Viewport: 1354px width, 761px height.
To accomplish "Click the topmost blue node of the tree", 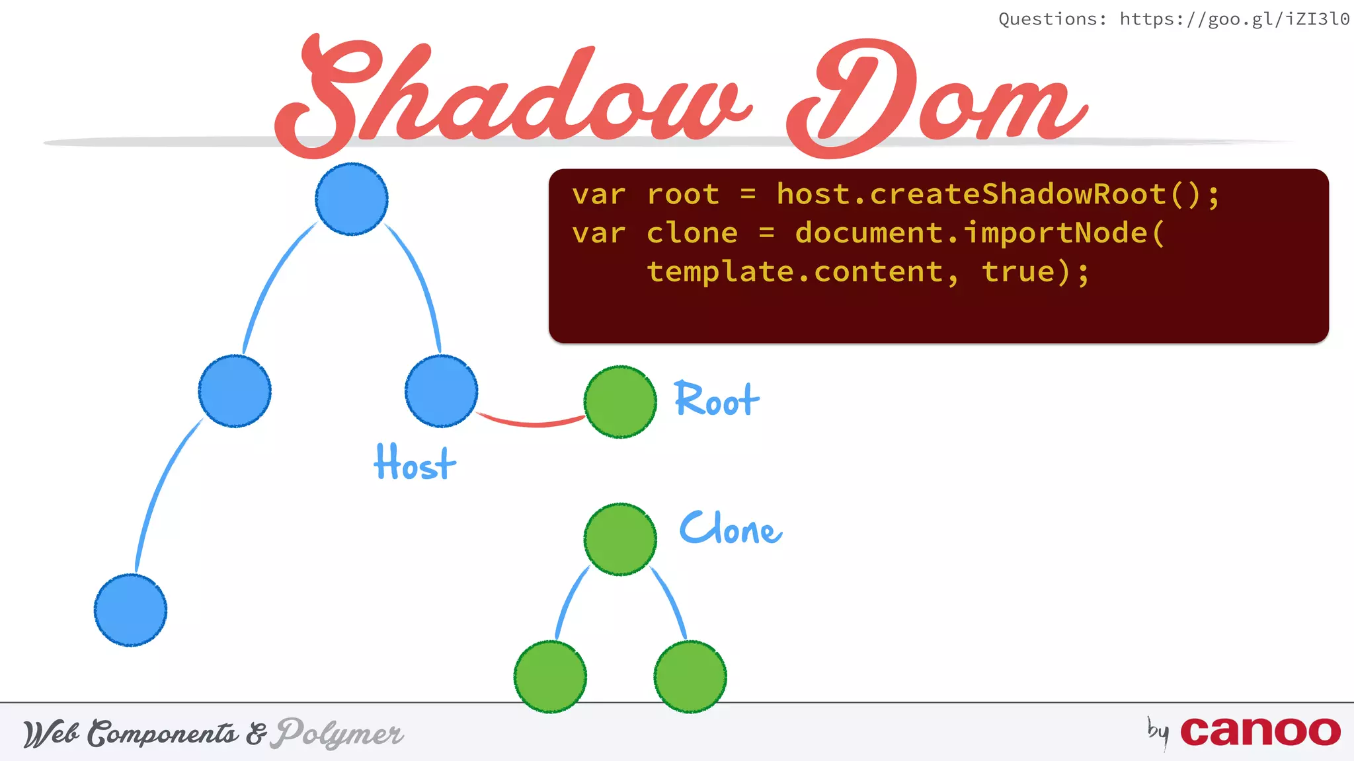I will [352, 199].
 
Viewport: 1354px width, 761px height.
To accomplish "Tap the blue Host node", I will [441, 391].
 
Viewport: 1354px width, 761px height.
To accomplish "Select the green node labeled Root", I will [620, 402].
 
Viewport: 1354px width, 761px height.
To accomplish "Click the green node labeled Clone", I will [620, 539].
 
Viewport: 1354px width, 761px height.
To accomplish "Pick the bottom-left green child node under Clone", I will [550, 676].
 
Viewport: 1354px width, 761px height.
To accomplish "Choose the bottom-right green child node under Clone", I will [690, 676].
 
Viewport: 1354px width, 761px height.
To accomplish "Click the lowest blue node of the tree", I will [130, 610].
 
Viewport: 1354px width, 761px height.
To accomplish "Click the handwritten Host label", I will [415, 462].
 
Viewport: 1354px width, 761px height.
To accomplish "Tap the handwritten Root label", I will [717, 400].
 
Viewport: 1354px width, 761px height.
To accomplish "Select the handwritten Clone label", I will [731, 528].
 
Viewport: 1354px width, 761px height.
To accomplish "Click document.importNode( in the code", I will [978, 233].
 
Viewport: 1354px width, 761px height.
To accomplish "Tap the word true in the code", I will [1018, 272].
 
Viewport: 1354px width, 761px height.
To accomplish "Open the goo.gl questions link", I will [1234, 19].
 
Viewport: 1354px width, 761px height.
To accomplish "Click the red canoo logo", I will [1259, 731].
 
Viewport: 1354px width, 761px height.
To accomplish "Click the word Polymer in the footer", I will [340, 733].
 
